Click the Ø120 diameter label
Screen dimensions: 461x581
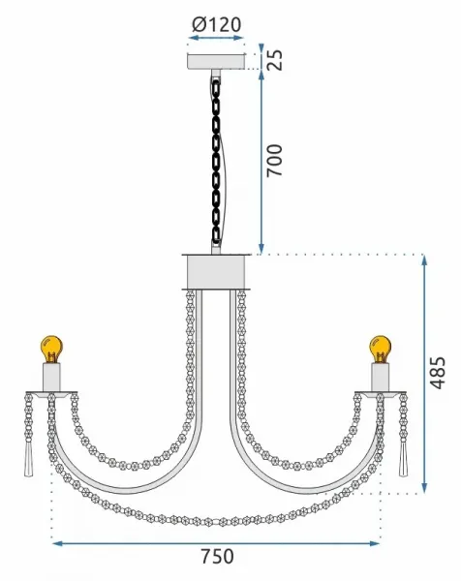pyautogui.click(x=217, y=25)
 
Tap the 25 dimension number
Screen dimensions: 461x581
pyautogui.click(x=275, y=59)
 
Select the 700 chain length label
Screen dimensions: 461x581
pyautogui.click(x=275, y=160)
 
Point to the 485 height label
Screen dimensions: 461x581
pyautogui.click(x=438, y=373)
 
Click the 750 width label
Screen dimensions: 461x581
pyautogui.click(x=217, y=556)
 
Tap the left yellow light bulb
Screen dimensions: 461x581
pyautogui.click(x=51, y=349)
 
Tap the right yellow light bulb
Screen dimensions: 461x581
pyautogui.click(x=381, y=349)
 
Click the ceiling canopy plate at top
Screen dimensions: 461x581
pyautogui.click(x=216, y=62)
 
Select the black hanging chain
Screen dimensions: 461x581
pyautogui.click(x=216, y=160)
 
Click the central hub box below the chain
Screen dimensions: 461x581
pyautogui.click(x=216, y=271)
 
